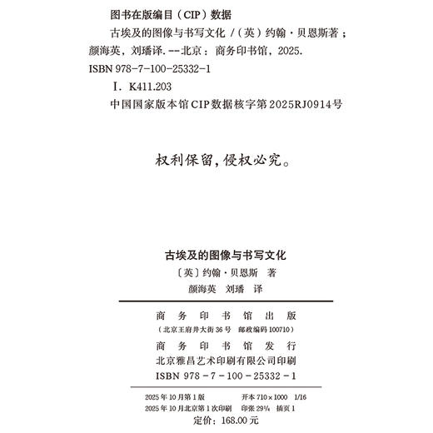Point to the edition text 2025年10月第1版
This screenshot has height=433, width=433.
coord(173,397)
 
